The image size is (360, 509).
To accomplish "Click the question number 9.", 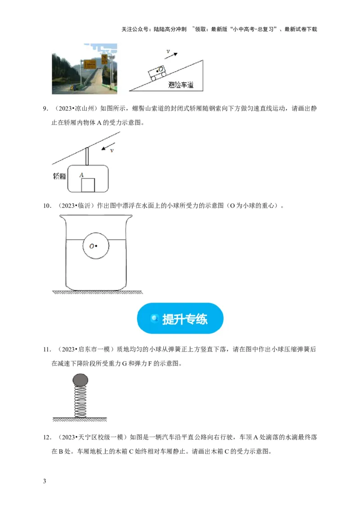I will click(45, 108).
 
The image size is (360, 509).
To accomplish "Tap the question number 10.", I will click(46, 206).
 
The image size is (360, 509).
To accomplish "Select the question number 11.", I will click(46, 349).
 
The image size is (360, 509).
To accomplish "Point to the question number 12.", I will click(46, 437).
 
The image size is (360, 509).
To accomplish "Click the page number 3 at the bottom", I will click(44, 482).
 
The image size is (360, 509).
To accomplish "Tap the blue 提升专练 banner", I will click(180, 318).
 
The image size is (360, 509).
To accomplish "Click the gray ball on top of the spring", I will click(80, 380).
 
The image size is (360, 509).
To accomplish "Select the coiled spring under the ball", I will click(80, 402).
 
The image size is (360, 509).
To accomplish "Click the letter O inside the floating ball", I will click(91, 246).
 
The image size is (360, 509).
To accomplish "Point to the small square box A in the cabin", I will click(88, 185).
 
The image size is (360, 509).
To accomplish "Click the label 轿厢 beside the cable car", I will click(59, 176).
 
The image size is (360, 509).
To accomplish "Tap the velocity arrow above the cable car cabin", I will click(106, 148).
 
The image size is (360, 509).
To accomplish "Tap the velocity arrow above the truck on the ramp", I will click(171, 54).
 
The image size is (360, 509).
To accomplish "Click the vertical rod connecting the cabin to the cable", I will click(87, 156).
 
